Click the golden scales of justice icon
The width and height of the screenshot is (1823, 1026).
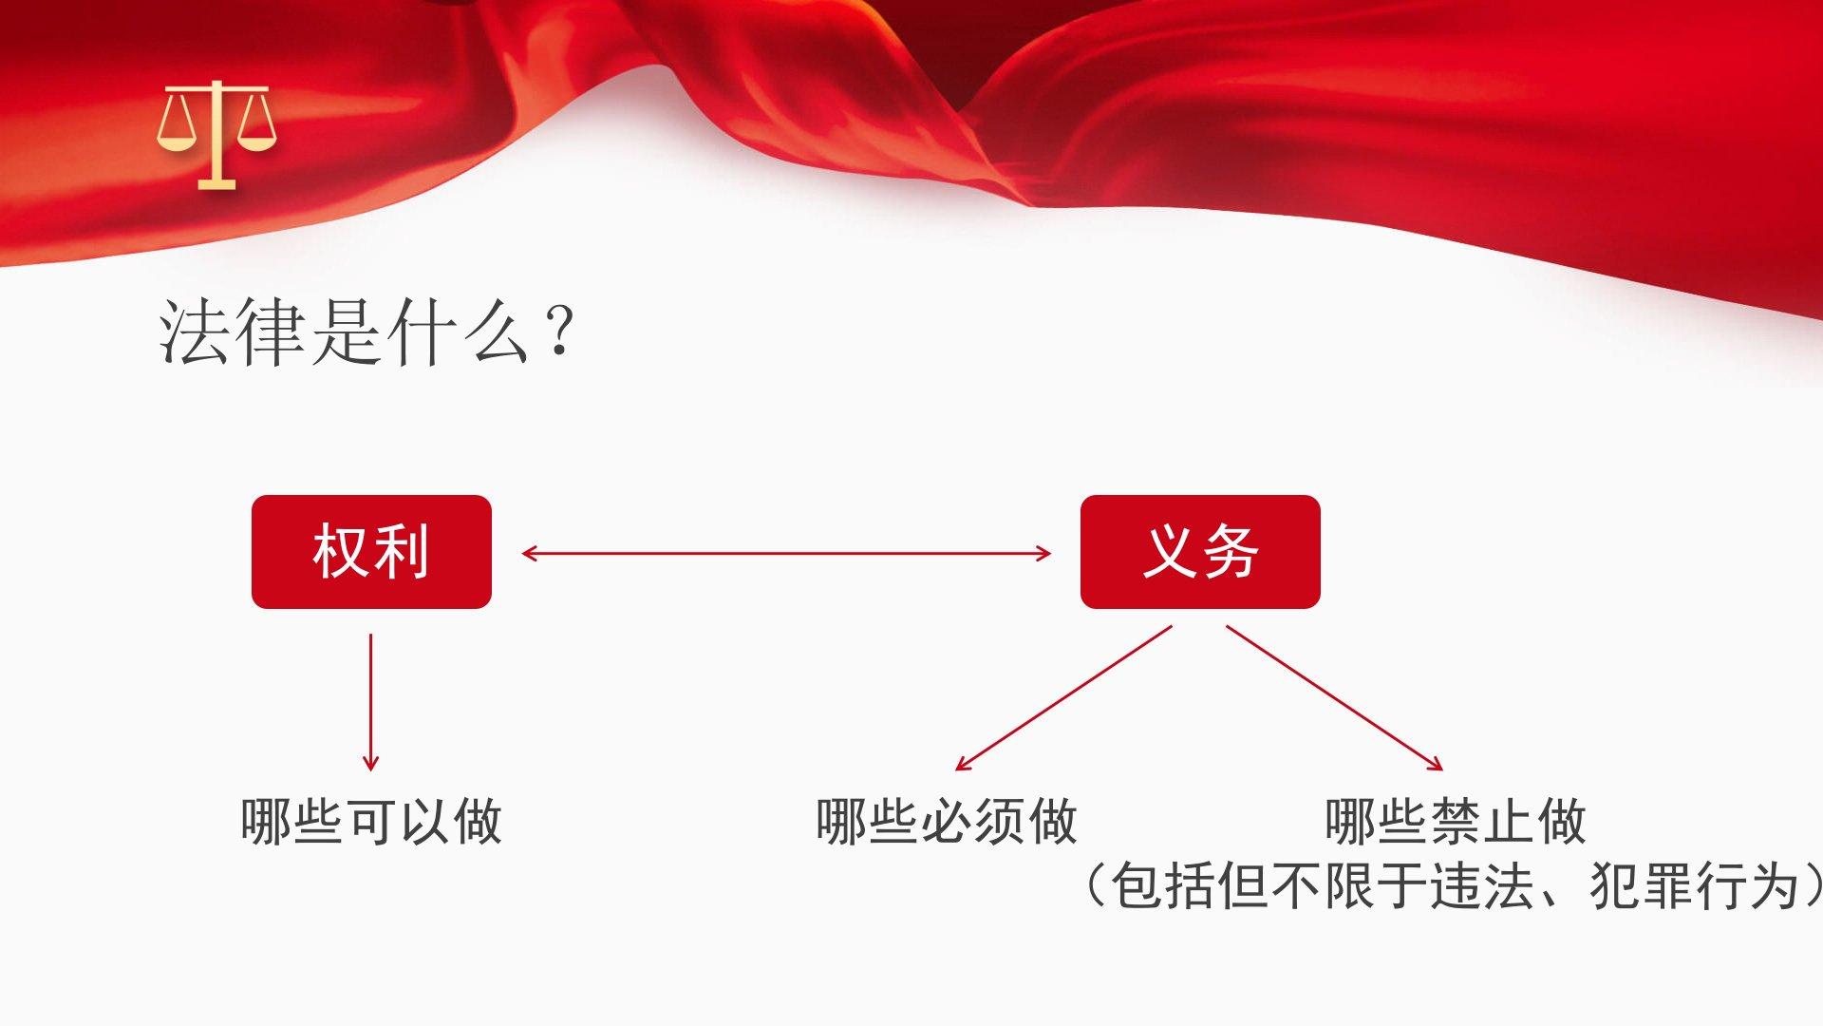(216, 134)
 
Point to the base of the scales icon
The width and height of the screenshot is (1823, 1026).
(216, 182)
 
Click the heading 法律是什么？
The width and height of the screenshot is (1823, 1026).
(367, 332)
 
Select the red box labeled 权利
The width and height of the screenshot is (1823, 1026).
(371, 552)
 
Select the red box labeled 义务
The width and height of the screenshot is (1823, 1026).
(1200, 552)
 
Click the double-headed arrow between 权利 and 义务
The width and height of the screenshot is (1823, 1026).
(786, 553)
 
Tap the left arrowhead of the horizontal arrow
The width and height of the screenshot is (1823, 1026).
(529, 553)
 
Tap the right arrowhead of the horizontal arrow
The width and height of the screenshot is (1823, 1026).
(1044, 553)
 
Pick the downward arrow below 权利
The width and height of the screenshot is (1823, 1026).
(370, 702)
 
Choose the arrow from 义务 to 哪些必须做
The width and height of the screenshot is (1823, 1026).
(1063, 697)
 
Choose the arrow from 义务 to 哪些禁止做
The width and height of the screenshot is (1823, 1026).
(1335, 697)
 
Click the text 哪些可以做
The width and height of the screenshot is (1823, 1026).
(371, 821)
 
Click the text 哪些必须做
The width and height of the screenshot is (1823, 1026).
(947, 821)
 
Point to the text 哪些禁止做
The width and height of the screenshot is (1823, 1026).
(1456, 821)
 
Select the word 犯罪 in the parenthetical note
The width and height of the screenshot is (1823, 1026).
(1642, 885)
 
